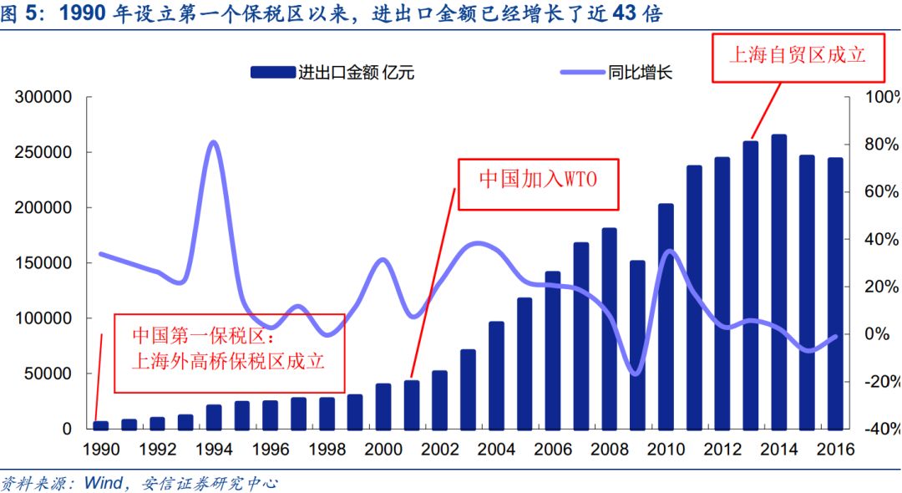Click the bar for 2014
779,282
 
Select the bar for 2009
637,345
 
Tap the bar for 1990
101,425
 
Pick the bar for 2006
553,351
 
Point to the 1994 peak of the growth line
214,141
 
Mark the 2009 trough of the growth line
636,374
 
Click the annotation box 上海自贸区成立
798,58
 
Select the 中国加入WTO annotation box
538,184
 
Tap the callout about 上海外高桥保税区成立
230,353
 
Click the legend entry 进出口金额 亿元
332,73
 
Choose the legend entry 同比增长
616,73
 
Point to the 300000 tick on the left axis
43,97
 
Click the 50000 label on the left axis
48,374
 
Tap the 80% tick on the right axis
881,144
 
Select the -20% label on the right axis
881,381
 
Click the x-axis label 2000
383,450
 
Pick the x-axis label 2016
836,450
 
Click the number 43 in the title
624,13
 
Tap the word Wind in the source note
104,483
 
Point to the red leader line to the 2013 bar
766,111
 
